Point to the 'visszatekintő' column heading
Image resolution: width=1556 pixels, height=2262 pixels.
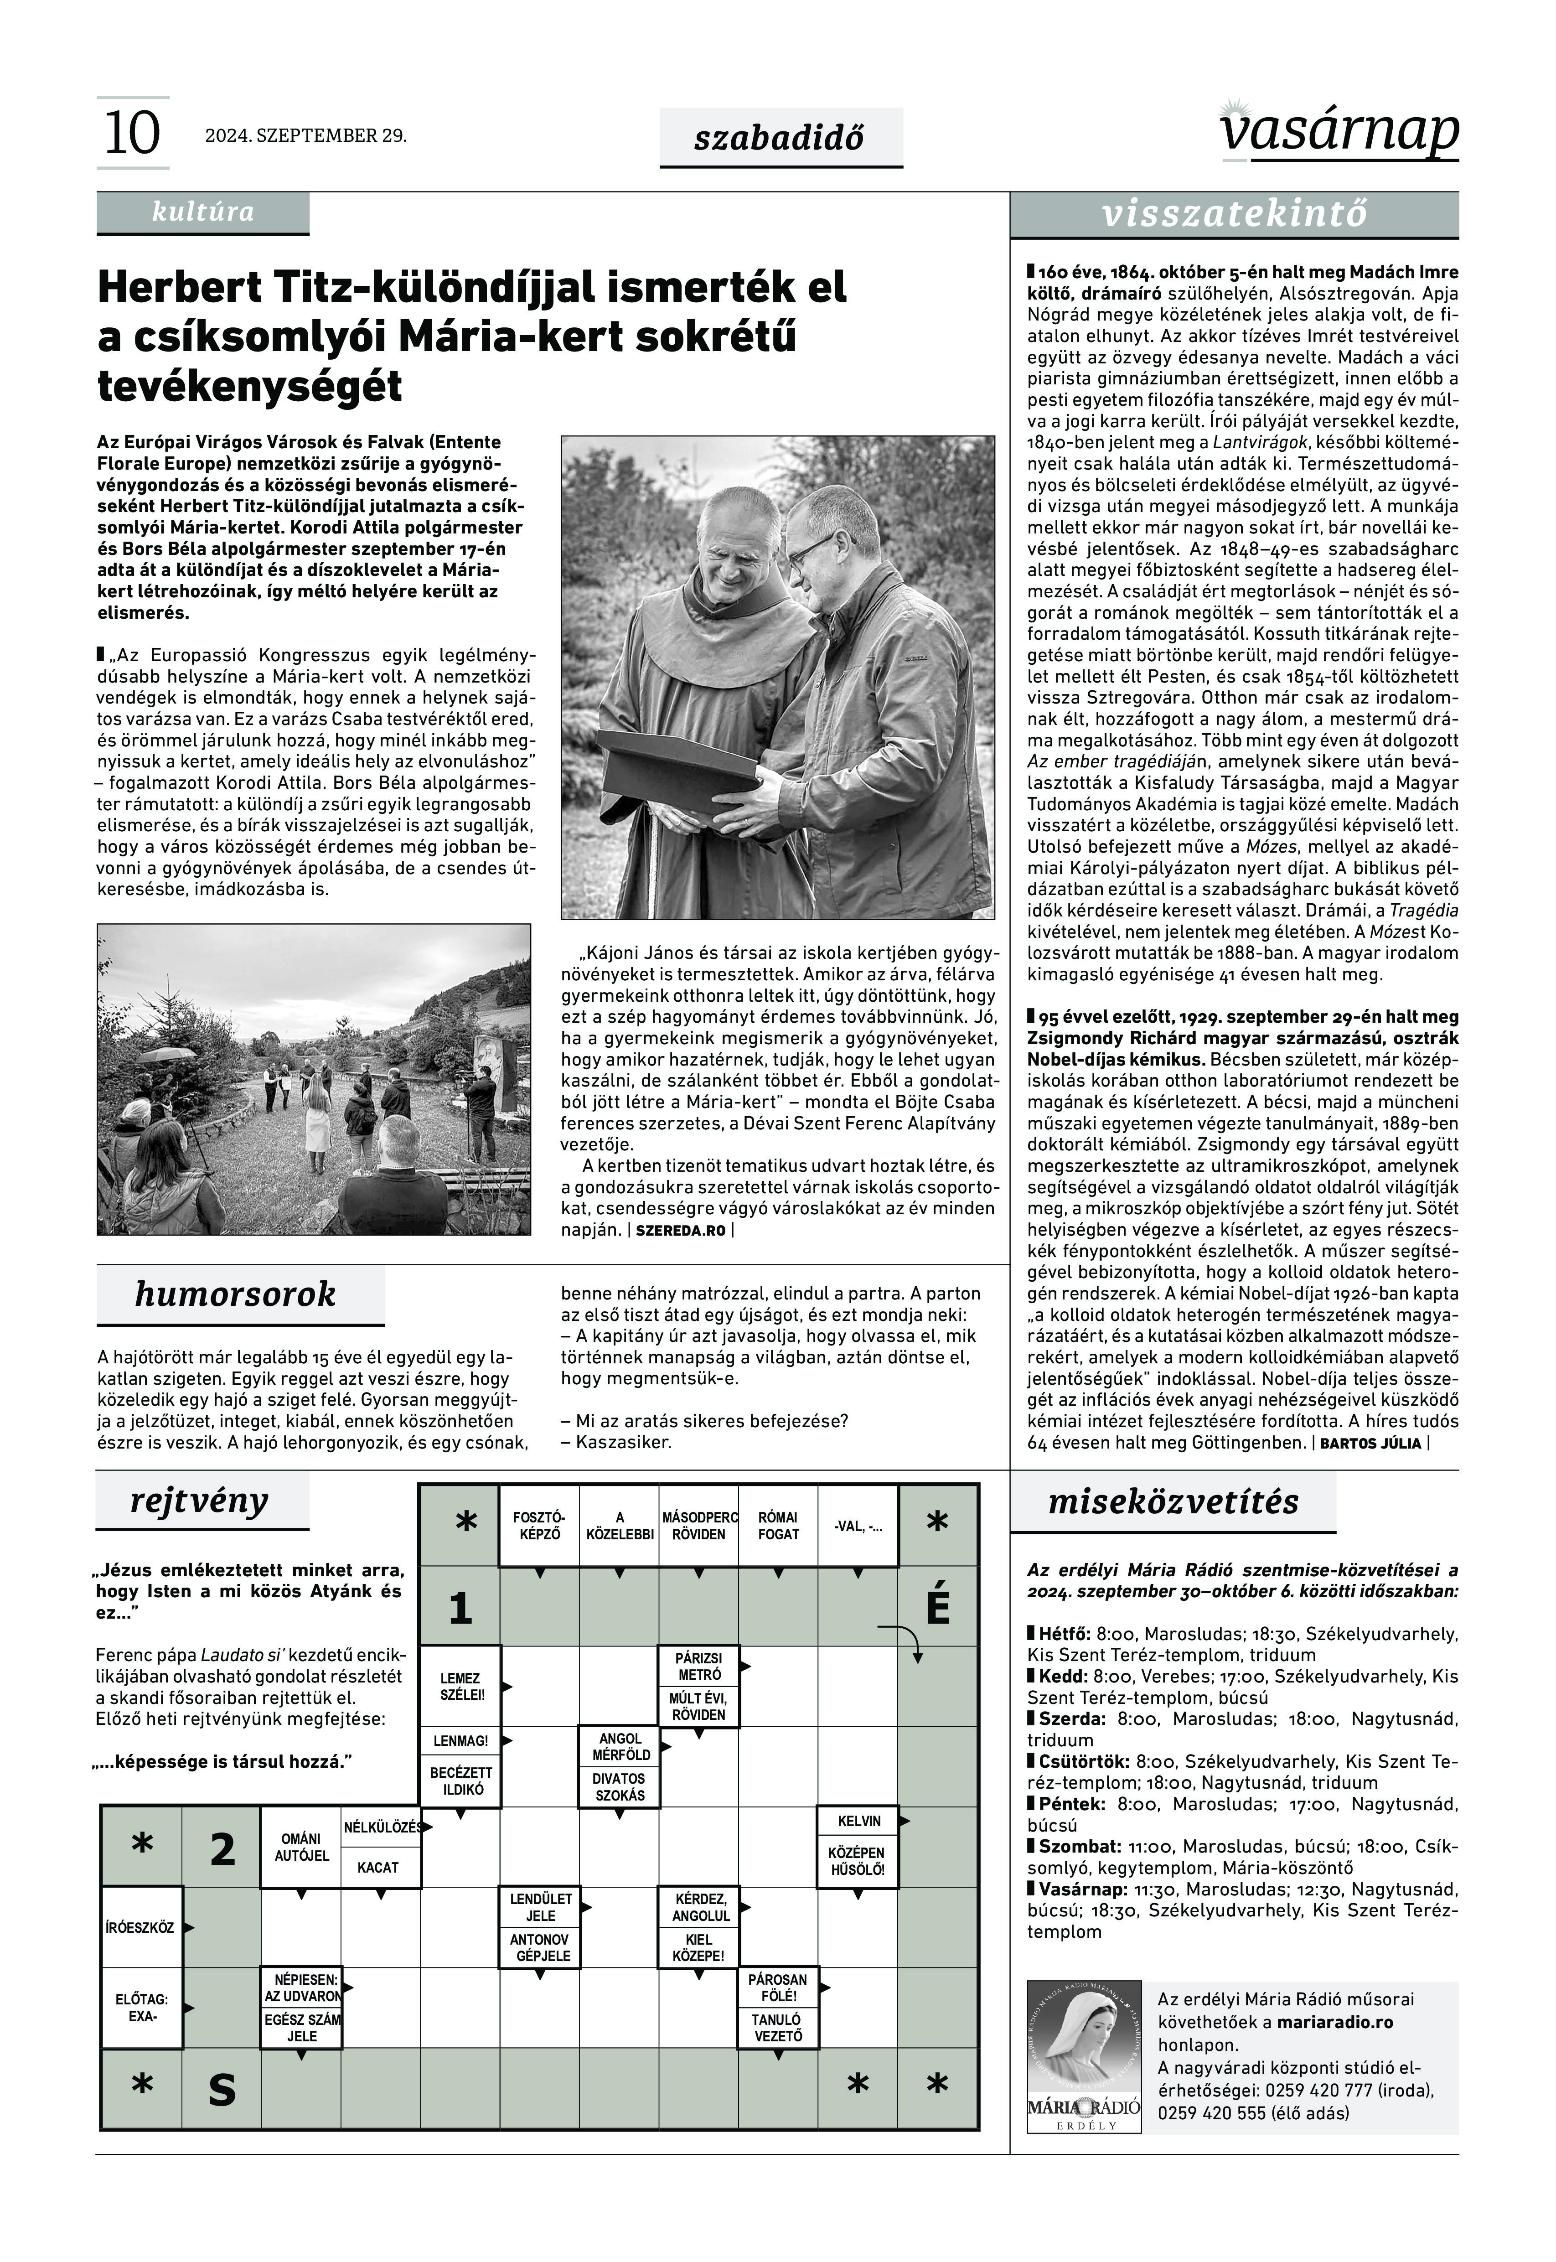(1234, 214)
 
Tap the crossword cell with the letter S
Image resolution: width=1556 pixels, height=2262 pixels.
(222, 2090)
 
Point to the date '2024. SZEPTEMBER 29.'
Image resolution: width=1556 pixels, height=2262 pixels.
(305, 135)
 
